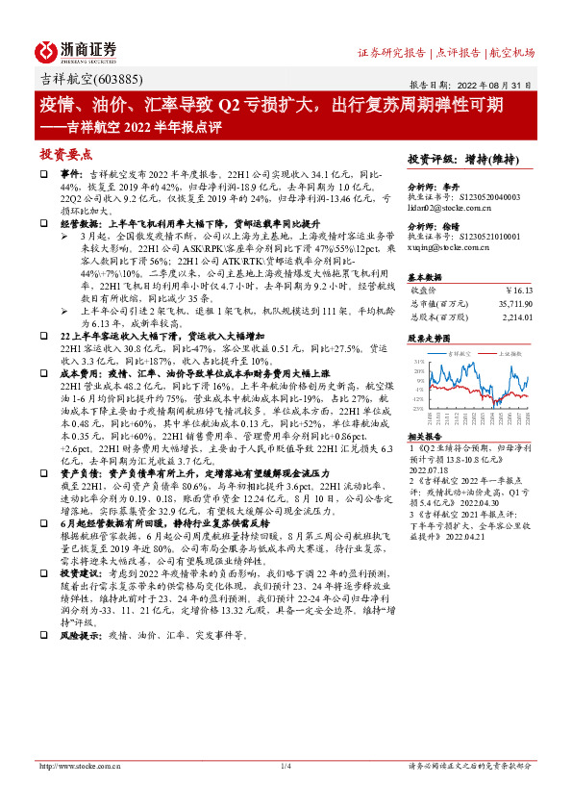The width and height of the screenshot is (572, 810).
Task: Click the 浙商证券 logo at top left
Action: pos(77,51)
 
